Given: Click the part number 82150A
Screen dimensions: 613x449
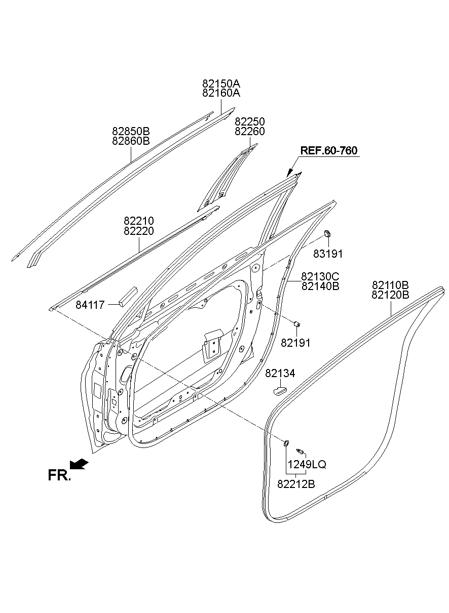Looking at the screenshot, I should (x=221, y=84).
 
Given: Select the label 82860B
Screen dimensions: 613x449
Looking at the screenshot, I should (x=131, y=141).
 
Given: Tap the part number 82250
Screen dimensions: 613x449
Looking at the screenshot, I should (x=249, y=122).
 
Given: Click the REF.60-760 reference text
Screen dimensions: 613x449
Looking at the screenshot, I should (x=328, y=150).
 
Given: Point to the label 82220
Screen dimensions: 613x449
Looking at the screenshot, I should (x=139, y=231).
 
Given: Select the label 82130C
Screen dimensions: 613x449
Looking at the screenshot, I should (x=320, y=276).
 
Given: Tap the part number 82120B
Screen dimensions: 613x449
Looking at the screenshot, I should (x=390, y=295).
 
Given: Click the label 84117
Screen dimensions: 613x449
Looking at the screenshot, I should (x=90, y=305).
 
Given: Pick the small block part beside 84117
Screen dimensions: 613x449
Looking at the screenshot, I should (x=127, y=296).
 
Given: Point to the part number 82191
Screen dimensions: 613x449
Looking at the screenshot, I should (x=295, y=343).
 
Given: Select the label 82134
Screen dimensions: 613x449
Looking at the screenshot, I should (x=280, y=373).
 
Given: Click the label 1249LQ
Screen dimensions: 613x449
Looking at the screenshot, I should (x=307, y=464).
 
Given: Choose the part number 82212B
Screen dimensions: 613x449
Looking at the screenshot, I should (x=296, y=484).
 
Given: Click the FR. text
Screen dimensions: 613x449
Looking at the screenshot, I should (x=59, y=475).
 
